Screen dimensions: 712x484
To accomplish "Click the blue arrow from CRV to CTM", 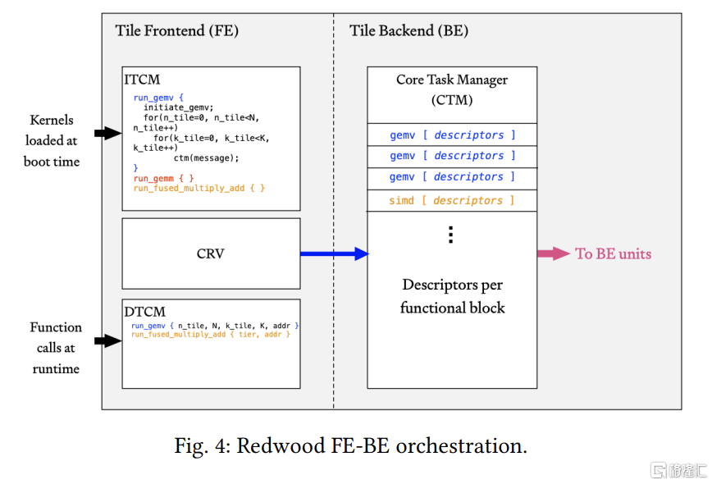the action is coord(335,253).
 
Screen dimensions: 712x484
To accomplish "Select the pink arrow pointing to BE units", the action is coord(554,253).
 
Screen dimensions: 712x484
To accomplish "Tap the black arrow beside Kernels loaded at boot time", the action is coord(108,133).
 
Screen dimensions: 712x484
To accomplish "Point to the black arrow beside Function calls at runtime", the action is coord(108,340).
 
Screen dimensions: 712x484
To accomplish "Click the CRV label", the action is coord(210,253).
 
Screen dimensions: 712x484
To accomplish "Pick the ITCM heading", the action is coord(142,80).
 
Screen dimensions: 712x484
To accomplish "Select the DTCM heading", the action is coord(145,312).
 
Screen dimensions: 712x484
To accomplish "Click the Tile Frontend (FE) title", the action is coord(176,30).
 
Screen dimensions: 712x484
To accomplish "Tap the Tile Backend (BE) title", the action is coord(408,30).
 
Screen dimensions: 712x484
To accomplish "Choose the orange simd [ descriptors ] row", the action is coord(452,200).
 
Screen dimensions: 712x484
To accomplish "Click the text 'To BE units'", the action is coord(613,253).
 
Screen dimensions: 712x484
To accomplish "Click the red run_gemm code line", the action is coord(163,178).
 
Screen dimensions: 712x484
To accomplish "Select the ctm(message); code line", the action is coord(206,158).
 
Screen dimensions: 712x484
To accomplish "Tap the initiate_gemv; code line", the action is coord(179,107).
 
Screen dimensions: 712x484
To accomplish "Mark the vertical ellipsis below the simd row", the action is coord(450,235).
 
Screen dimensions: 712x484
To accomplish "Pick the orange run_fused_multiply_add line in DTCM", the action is coord(210,334).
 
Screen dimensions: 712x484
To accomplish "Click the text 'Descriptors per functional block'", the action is coord(452,296).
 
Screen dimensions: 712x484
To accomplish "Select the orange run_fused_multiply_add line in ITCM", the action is coord(199,188).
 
